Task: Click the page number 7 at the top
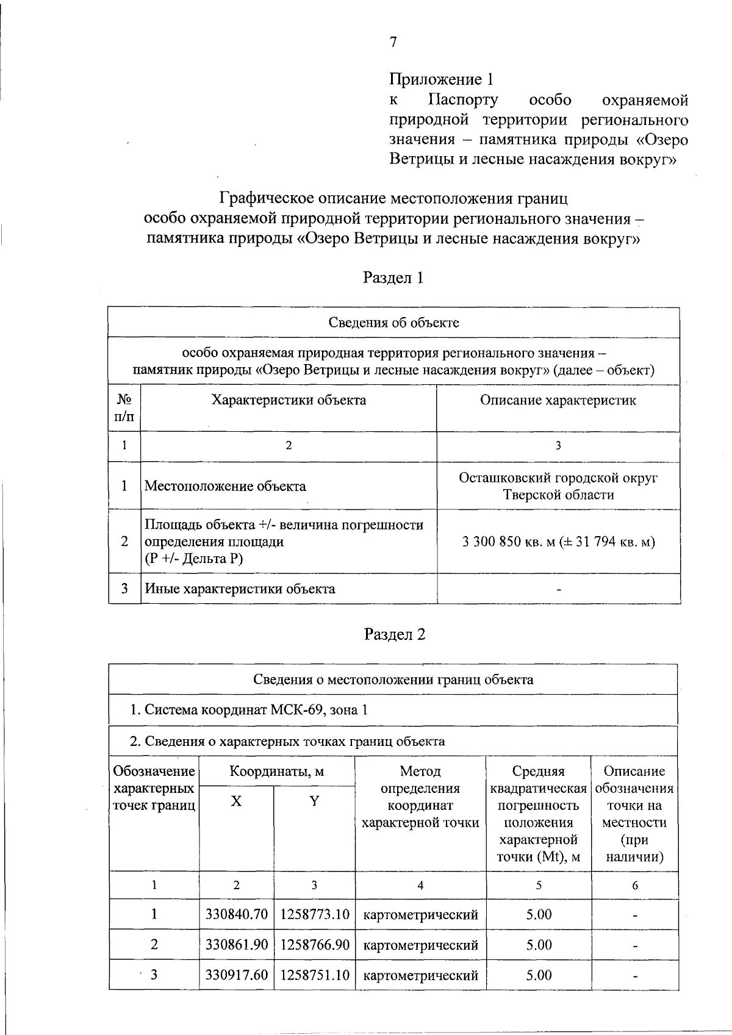(x=393, y=42)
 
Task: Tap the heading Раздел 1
(x=393, y=278)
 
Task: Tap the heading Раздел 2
(x=394, y=634)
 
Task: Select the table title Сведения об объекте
(x=393, y=323)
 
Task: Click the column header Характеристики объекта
(x=289, y=400)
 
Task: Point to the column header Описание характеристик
(x=558, y=400)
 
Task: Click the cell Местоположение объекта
(x=225, y=486)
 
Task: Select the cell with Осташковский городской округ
(x=558, y=478)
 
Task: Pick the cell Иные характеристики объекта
(x=239, y=589)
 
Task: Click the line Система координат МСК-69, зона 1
(x=249, y=710)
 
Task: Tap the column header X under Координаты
(x=236, y=801)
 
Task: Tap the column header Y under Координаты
(x=314, y=801)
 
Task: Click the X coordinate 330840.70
(x=236, y=914)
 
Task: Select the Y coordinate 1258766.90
(x=314, y=945)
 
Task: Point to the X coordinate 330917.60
(x=236, y=975)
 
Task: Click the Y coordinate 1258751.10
(x=314, y=975)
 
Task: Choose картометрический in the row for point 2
(x=420, y=945)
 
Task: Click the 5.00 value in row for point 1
(x=539, y=914)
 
